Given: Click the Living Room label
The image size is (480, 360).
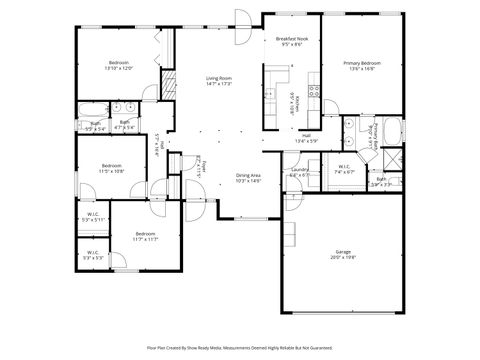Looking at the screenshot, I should click(x=219, y=80).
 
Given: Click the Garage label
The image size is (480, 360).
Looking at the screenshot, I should click(x=344, y=254).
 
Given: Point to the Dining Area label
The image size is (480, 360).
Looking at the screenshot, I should click(x=248, y=178).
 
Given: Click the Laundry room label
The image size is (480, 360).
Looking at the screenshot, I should click(x=299, y=172).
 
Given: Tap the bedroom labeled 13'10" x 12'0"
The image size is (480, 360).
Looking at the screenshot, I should click(x=119, y=64).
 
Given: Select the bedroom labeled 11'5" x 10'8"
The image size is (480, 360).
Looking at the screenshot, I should click(x=111, y=168).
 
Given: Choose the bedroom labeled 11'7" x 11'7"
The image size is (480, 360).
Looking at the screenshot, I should click(x=147, y=237).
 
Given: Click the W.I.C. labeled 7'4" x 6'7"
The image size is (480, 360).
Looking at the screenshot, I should click(x=344, y=169).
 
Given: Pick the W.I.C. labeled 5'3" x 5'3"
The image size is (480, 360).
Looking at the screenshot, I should click(x=91, y=255).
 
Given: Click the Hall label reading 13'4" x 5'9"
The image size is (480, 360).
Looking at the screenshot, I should click(x=306, y=138).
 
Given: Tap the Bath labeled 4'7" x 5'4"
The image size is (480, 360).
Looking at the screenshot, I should click(x=124, y=126).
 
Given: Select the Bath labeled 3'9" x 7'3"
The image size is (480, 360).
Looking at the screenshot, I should click(x=381, y=182).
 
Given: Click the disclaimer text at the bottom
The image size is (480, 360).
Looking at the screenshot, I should click(x=240, y=348).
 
